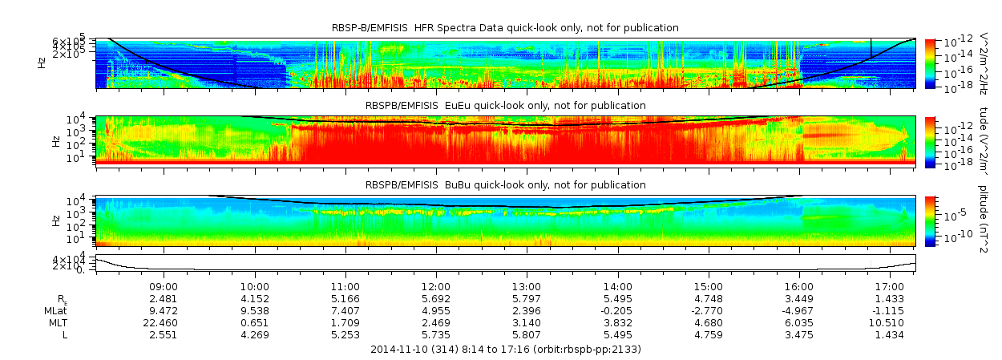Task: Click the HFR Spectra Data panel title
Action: point(505,28)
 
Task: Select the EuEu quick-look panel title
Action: point(505,105)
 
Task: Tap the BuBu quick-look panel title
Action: point(505,185)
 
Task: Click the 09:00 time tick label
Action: point(164,286)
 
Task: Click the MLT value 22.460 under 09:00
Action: point(164,322)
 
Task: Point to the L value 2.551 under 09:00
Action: point(164,334)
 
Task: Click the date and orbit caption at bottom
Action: point(505,350)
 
